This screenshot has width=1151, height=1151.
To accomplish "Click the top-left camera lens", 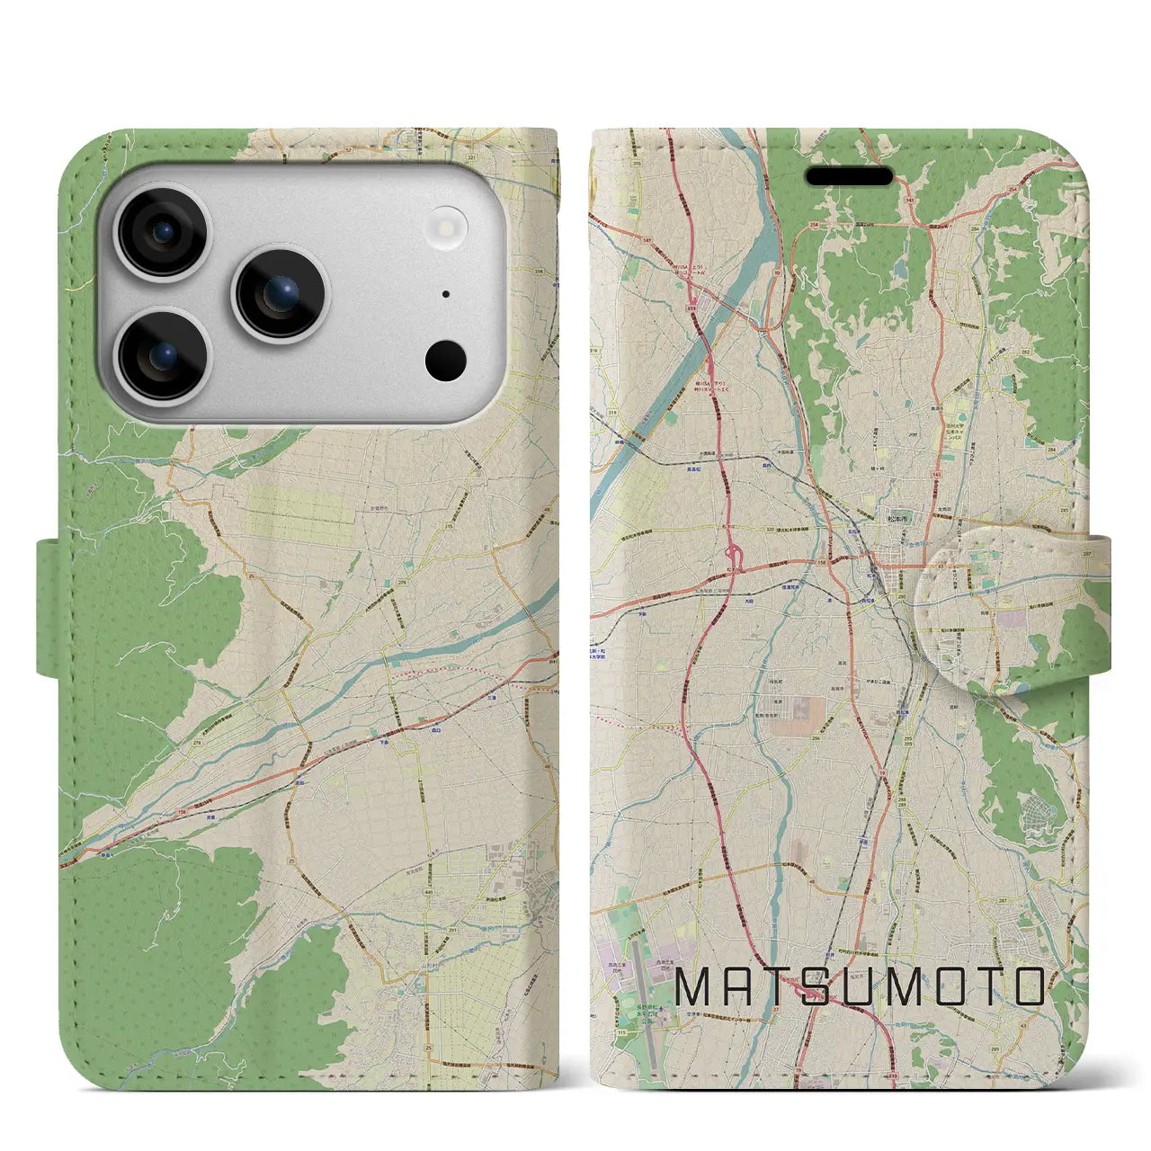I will coord(165,232).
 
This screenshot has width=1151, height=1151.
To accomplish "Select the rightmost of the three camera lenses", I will coord(281,293).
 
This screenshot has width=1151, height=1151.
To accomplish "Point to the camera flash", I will coord(447,224).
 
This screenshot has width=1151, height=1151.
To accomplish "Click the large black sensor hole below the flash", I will coord(446,361).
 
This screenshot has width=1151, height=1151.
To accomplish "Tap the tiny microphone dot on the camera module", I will coord(447,293).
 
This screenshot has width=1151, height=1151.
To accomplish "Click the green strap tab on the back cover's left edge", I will coord(52,606).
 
